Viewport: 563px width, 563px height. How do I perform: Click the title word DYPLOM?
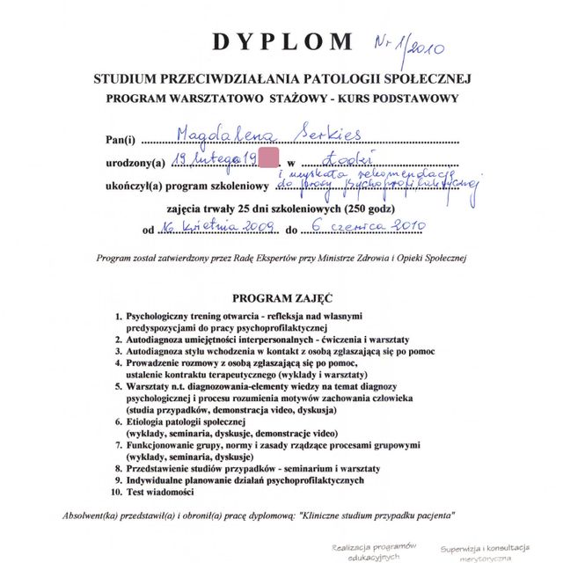pos(281,41)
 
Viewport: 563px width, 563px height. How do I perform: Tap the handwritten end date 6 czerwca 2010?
pos(363,226)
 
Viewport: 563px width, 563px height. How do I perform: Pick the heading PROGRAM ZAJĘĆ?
pos(281,298)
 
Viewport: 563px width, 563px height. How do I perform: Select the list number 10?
pos(114,492)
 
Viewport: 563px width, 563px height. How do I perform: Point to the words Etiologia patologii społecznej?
pos(188,422)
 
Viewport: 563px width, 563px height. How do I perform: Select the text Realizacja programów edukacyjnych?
pos(368,552)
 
